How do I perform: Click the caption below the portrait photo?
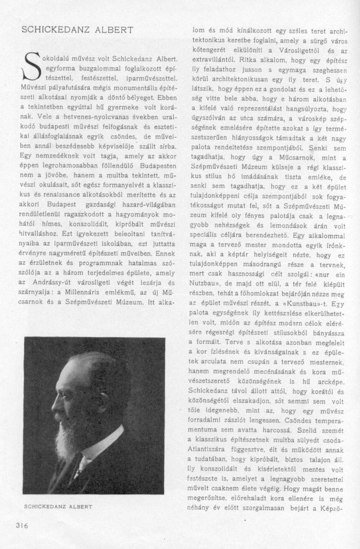(58, 506)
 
